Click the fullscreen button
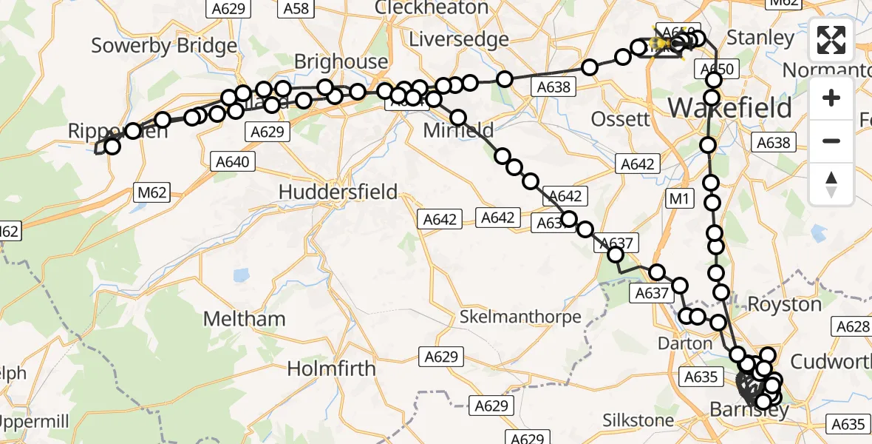point(831,40)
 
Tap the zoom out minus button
point(831,141)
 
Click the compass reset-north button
point(831,184)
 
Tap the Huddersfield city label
point(338,192)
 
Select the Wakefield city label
point(730,108)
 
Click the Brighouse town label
point(341,62)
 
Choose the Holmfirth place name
point(331,369)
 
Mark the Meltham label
point(244,319)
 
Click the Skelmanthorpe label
point(520,317)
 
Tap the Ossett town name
point(621,118)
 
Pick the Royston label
point(784,304)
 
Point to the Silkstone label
point(638,421)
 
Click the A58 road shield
point(296,9)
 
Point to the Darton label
point(686,344)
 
